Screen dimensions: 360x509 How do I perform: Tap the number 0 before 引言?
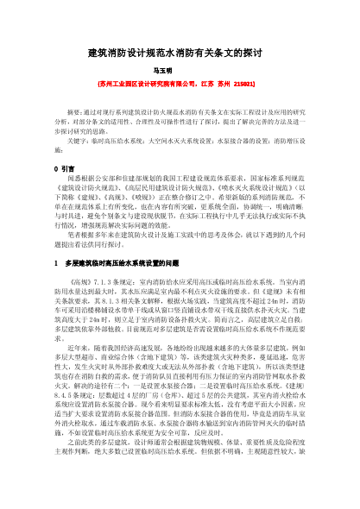point(56,167)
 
